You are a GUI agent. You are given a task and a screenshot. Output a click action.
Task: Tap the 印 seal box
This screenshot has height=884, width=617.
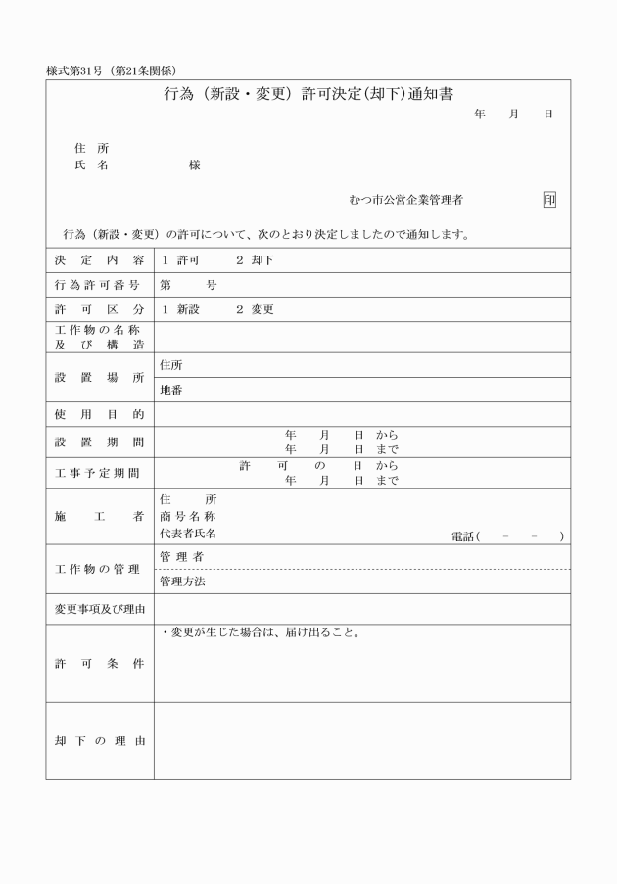point(549,200)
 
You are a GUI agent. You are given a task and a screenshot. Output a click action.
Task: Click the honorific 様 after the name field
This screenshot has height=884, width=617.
point(194,166)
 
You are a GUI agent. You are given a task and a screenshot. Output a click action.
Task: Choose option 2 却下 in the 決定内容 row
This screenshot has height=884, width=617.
point(255,260)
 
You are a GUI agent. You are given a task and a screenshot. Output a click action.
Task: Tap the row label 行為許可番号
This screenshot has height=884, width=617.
point(99,286)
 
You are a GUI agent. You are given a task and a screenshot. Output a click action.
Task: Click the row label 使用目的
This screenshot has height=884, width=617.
point(99,415)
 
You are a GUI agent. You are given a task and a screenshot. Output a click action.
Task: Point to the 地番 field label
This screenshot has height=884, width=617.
point(170,390)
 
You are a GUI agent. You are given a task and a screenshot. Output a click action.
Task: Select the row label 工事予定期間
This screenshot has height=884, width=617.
point(99,474)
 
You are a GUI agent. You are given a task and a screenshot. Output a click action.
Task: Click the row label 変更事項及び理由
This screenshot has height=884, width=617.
point(99,610)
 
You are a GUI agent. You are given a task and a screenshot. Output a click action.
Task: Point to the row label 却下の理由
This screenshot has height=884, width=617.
point(99,741)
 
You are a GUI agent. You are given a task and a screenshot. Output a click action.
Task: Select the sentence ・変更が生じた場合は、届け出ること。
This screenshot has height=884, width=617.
point(261,632)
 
